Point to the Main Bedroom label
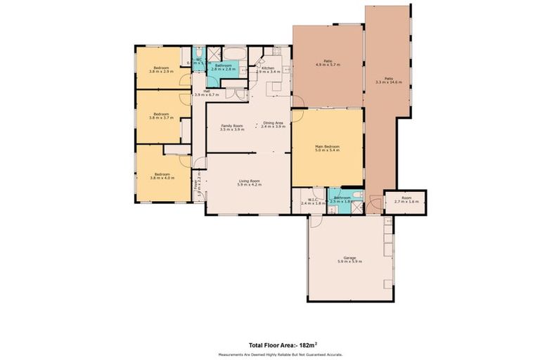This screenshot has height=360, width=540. point(327,148)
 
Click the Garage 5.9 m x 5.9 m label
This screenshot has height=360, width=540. point(349,260)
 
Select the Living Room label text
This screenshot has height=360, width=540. point(248,182)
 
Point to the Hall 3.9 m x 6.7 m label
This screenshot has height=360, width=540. point(207,93)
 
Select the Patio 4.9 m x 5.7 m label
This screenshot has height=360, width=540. point(328,63)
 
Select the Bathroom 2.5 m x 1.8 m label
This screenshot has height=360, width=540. point(342,200)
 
